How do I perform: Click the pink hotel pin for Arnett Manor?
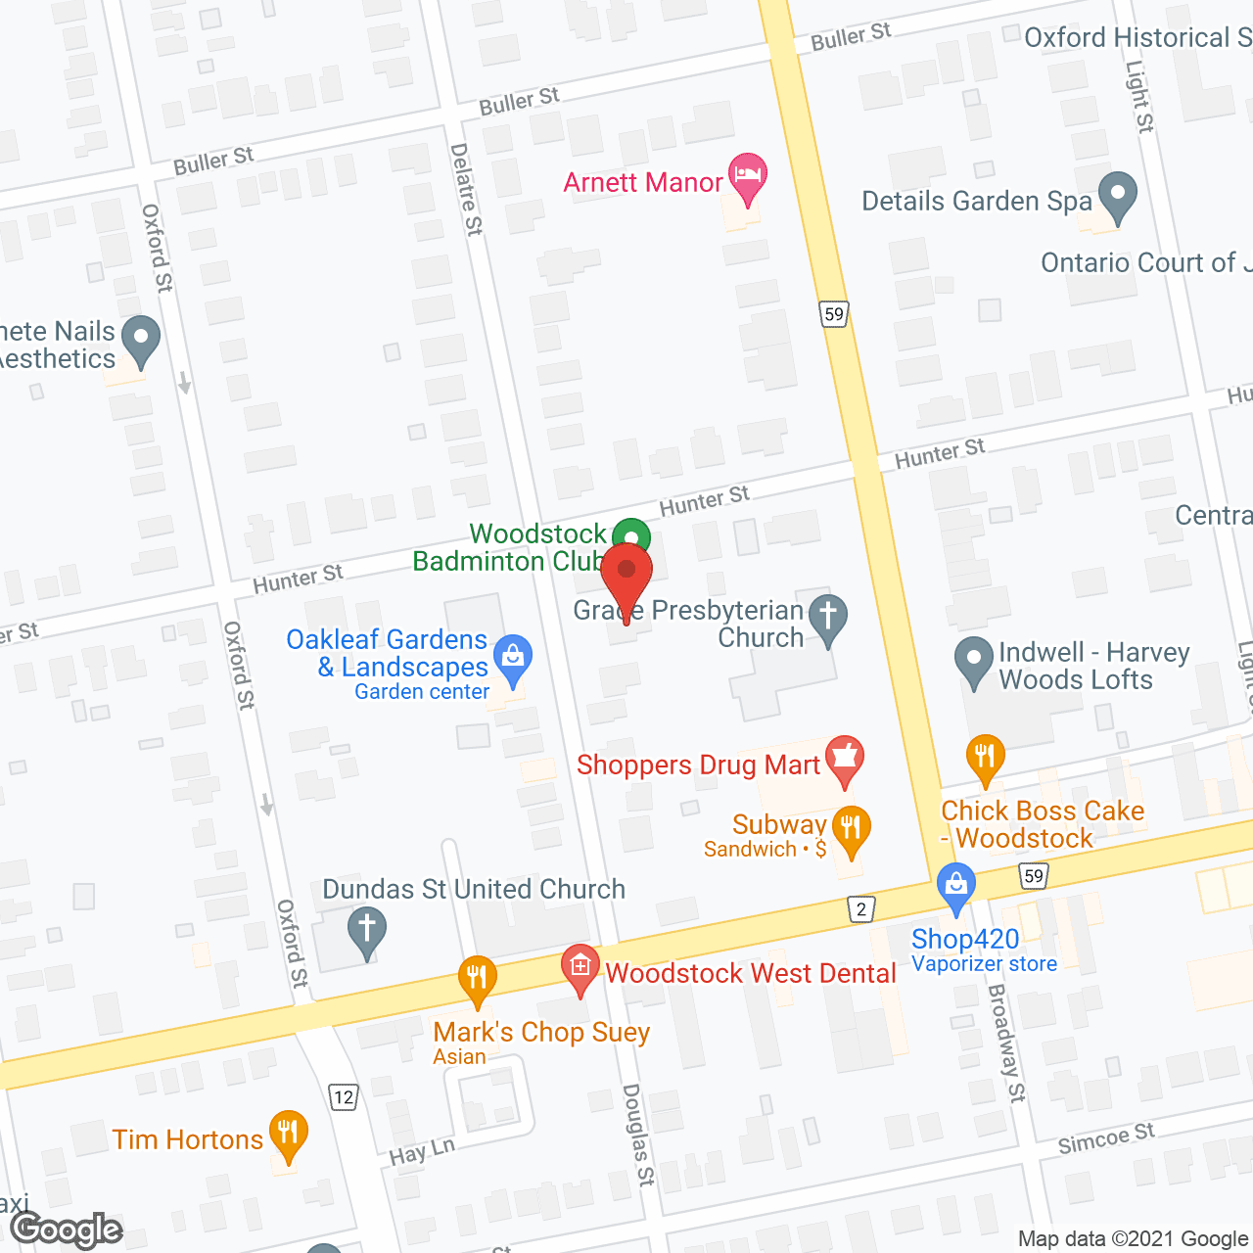pyautogui.click(x=748, y=176)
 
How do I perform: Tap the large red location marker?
pyautogui.click(x=626, y=573)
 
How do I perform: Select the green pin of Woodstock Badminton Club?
pyautogui.click(x=631, y=536)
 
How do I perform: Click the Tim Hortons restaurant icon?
pyautogui.click(x=287, y=1134)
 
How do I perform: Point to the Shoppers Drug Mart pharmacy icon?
pyautogui.click(x=844, y=759)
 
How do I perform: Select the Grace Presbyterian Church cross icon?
pyautogui.click(x=828, y=618)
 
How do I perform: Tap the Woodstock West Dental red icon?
pyautogui.click(x=580, y=967)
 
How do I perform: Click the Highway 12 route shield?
pyautogui.click(x=343, y=1096)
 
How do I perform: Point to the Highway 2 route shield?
pyautogui.click(x=860, y=909)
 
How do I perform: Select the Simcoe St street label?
pyautogui.click(x=1106, y=1138)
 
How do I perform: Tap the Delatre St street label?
pyautogui.click(x=466, y=189)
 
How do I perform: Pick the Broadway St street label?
pyautogui.click(x=1006, y=1043)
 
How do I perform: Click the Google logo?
pyautogui.click(x=67, y=1230)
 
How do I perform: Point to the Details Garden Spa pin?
pyautogui.click(x=1117, y=195)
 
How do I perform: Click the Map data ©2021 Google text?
pyautogui.click(x=1134, y=1238)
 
